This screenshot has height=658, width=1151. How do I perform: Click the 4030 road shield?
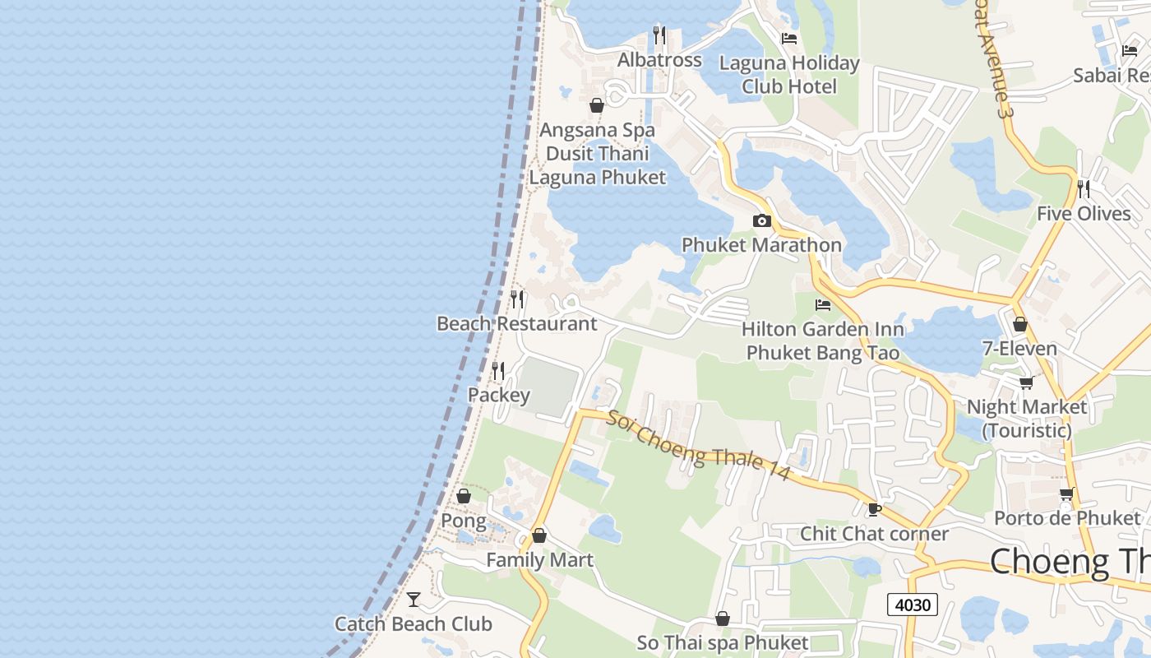pyautogui.click(x=913, y=605)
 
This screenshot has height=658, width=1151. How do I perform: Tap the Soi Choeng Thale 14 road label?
pyautogui.click(x=698, y=445)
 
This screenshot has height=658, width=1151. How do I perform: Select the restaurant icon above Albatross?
pyautogui.click(x=659, y=35)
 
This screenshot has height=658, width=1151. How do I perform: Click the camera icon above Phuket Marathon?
pyautogui.click(x=761, y=220)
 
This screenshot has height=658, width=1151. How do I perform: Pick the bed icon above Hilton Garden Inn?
pyautogui.click(x=822, y=305)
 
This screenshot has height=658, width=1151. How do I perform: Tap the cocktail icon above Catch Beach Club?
pyautogui.click(x=414, y=600)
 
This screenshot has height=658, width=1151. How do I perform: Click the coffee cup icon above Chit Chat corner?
pyautogui.click(x=875, y=510)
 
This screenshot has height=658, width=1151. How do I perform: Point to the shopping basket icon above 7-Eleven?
pyautogui.click(x=1020, y=324)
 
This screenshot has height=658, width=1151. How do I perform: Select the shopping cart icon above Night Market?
pyautogui.click(x=1026, y=382)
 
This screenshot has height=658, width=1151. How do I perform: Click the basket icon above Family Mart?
pyautogui.click(x=539, y=535)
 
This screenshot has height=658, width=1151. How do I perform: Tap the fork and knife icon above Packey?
pyautogui.click(x=498, y=371)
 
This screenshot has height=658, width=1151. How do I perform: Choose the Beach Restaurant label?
pyautogui.click(x=516, y=323)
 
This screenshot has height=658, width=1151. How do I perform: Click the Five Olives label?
pyautogui.click(x=1084, y=214)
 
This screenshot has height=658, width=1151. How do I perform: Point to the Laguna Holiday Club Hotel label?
pyautogui.click(x=789, y=75)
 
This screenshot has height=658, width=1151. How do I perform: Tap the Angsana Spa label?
pyautogui.click(x=597, y=130)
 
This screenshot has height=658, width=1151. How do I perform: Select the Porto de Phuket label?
pyautogui.click(x=1067, y=518)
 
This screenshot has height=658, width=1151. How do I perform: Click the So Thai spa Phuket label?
pyautogui.click(x=723, y=642)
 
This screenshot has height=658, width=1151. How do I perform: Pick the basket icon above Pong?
pyautogui.click(x=464, y=496)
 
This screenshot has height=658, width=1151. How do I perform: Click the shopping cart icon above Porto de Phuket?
pyautogui.click(x=1066, y=493)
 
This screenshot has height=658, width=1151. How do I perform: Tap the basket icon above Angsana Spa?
pyautogui.click(x=597, y=105)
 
